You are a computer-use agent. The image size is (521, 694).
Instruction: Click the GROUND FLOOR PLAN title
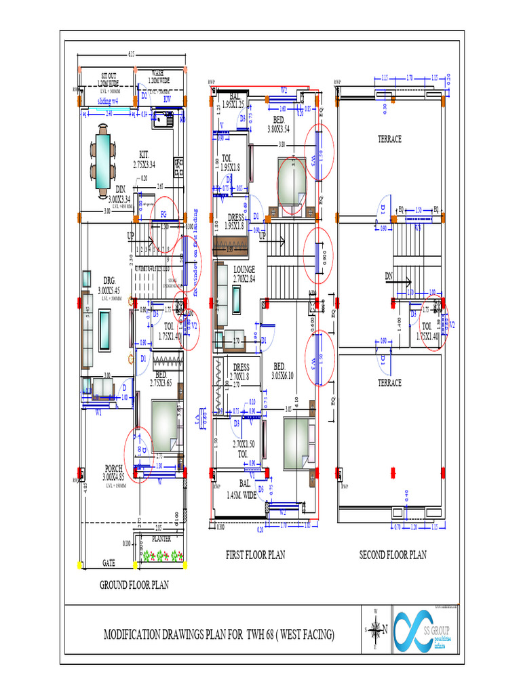(134, 585)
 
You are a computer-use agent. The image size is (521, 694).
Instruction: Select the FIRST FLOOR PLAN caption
(255, 554)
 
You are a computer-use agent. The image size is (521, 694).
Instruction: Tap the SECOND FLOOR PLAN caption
(393, 554)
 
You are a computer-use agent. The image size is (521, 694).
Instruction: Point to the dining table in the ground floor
(103, 161)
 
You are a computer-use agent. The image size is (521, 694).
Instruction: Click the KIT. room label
(144, 154)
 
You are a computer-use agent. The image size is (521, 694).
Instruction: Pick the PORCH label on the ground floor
(113, 468)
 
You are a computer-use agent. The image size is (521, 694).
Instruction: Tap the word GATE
(109, 563)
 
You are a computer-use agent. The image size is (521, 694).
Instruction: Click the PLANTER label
(161, 539)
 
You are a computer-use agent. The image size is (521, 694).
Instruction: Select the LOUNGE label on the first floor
(244, 270)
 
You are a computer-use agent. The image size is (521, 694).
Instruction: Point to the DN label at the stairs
(389, 277)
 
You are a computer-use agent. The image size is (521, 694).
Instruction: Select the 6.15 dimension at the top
(132, 55)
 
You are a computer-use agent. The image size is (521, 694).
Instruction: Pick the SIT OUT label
(109, 76)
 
